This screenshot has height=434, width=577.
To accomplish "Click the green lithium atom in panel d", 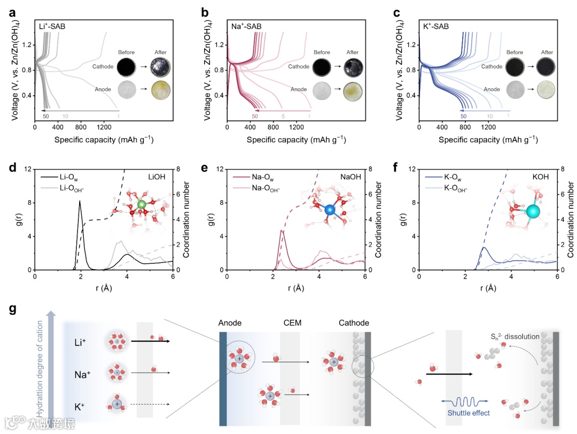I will pos(142,205).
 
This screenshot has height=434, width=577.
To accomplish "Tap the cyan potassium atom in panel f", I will pos(533,211).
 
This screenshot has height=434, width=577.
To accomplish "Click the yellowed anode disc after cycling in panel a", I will pos(160,89).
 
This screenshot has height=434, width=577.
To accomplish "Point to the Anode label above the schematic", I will pos(230,323).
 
